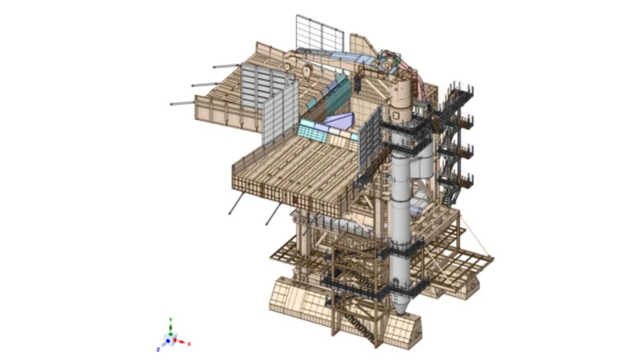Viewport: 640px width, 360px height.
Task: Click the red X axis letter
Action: pyautogui.click(x=189, y=344)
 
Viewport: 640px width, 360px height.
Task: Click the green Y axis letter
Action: pyautogui.click(x=171, y=319)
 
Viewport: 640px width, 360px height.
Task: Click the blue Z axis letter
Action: pyautogui.click(x=158, y=349)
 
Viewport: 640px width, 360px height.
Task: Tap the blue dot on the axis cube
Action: pyautogui.click(x=168, y=341)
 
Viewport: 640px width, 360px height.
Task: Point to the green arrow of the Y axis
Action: pyautogui.click(x=171, y=328)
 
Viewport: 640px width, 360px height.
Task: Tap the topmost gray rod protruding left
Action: pyautogui.click(x=226, y=66)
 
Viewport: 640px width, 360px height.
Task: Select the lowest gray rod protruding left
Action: pyautogui.click(x=182, y=104)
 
